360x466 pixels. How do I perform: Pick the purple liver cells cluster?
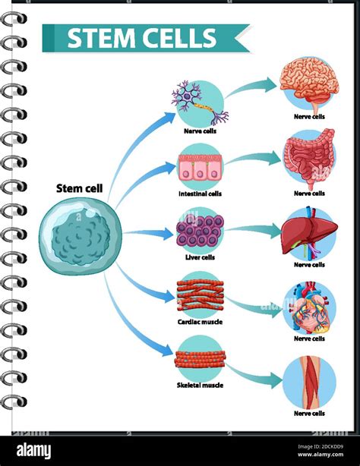(200, 231)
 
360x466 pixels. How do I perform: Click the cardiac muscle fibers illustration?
(200, 294)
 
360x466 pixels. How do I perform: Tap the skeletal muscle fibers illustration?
(200, 357)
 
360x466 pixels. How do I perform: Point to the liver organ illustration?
(308, 235)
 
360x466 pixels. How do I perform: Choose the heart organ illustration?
(308, 307)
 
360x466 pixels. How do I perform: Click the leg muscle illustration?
(308, 383)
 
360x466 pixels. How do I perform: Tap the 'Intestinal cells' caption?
(200, 194)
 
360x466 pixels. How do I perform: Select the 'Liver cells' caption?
(200, 257)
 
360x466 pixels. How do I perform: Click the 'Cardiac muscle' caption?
(200, 321)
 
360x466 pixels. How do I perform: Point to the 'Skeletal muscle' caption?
(200, 385)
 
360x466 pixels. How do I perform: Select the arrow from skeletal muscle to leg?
(254, 373)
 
